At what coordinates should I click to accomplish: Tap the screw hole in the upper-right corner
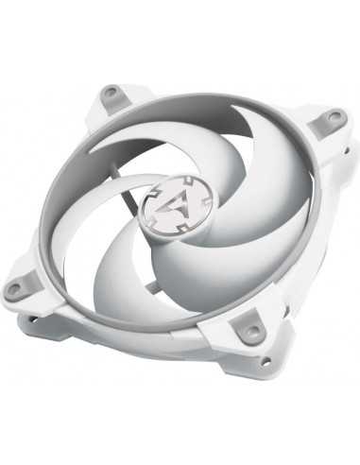(333, 117)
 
